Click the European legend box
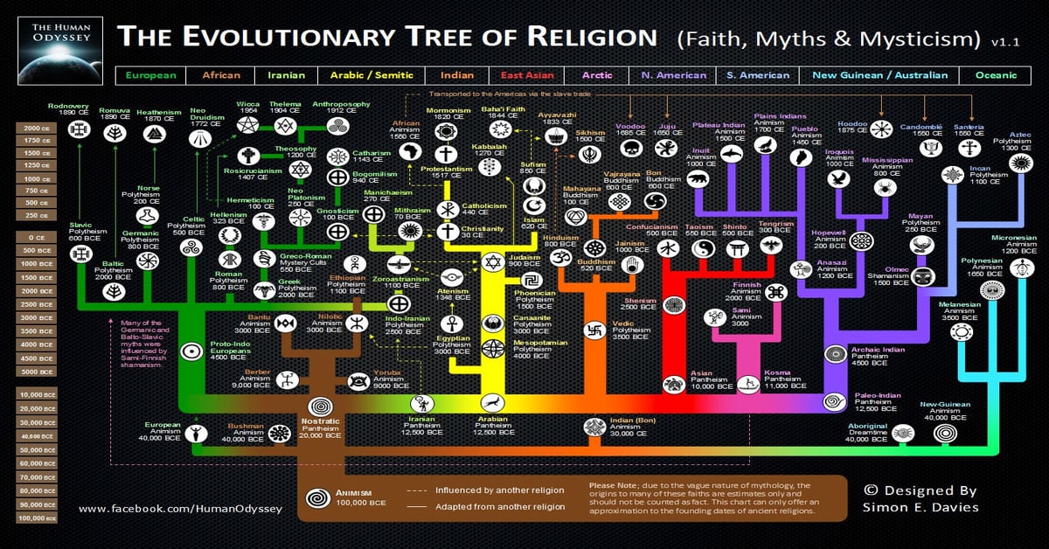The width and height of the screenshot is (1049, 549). pyautogui.click(x=150, y=75)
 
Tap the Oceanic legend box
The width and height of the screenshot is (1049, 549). pyautogui.click(x=997, y=75)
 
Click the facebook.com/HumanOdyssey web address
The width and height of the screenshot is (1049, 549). pyautogui.click(x=180, y=509)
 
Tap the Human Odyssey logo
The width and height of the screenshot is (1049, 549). pyautogui.click(x=57, y=43)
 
